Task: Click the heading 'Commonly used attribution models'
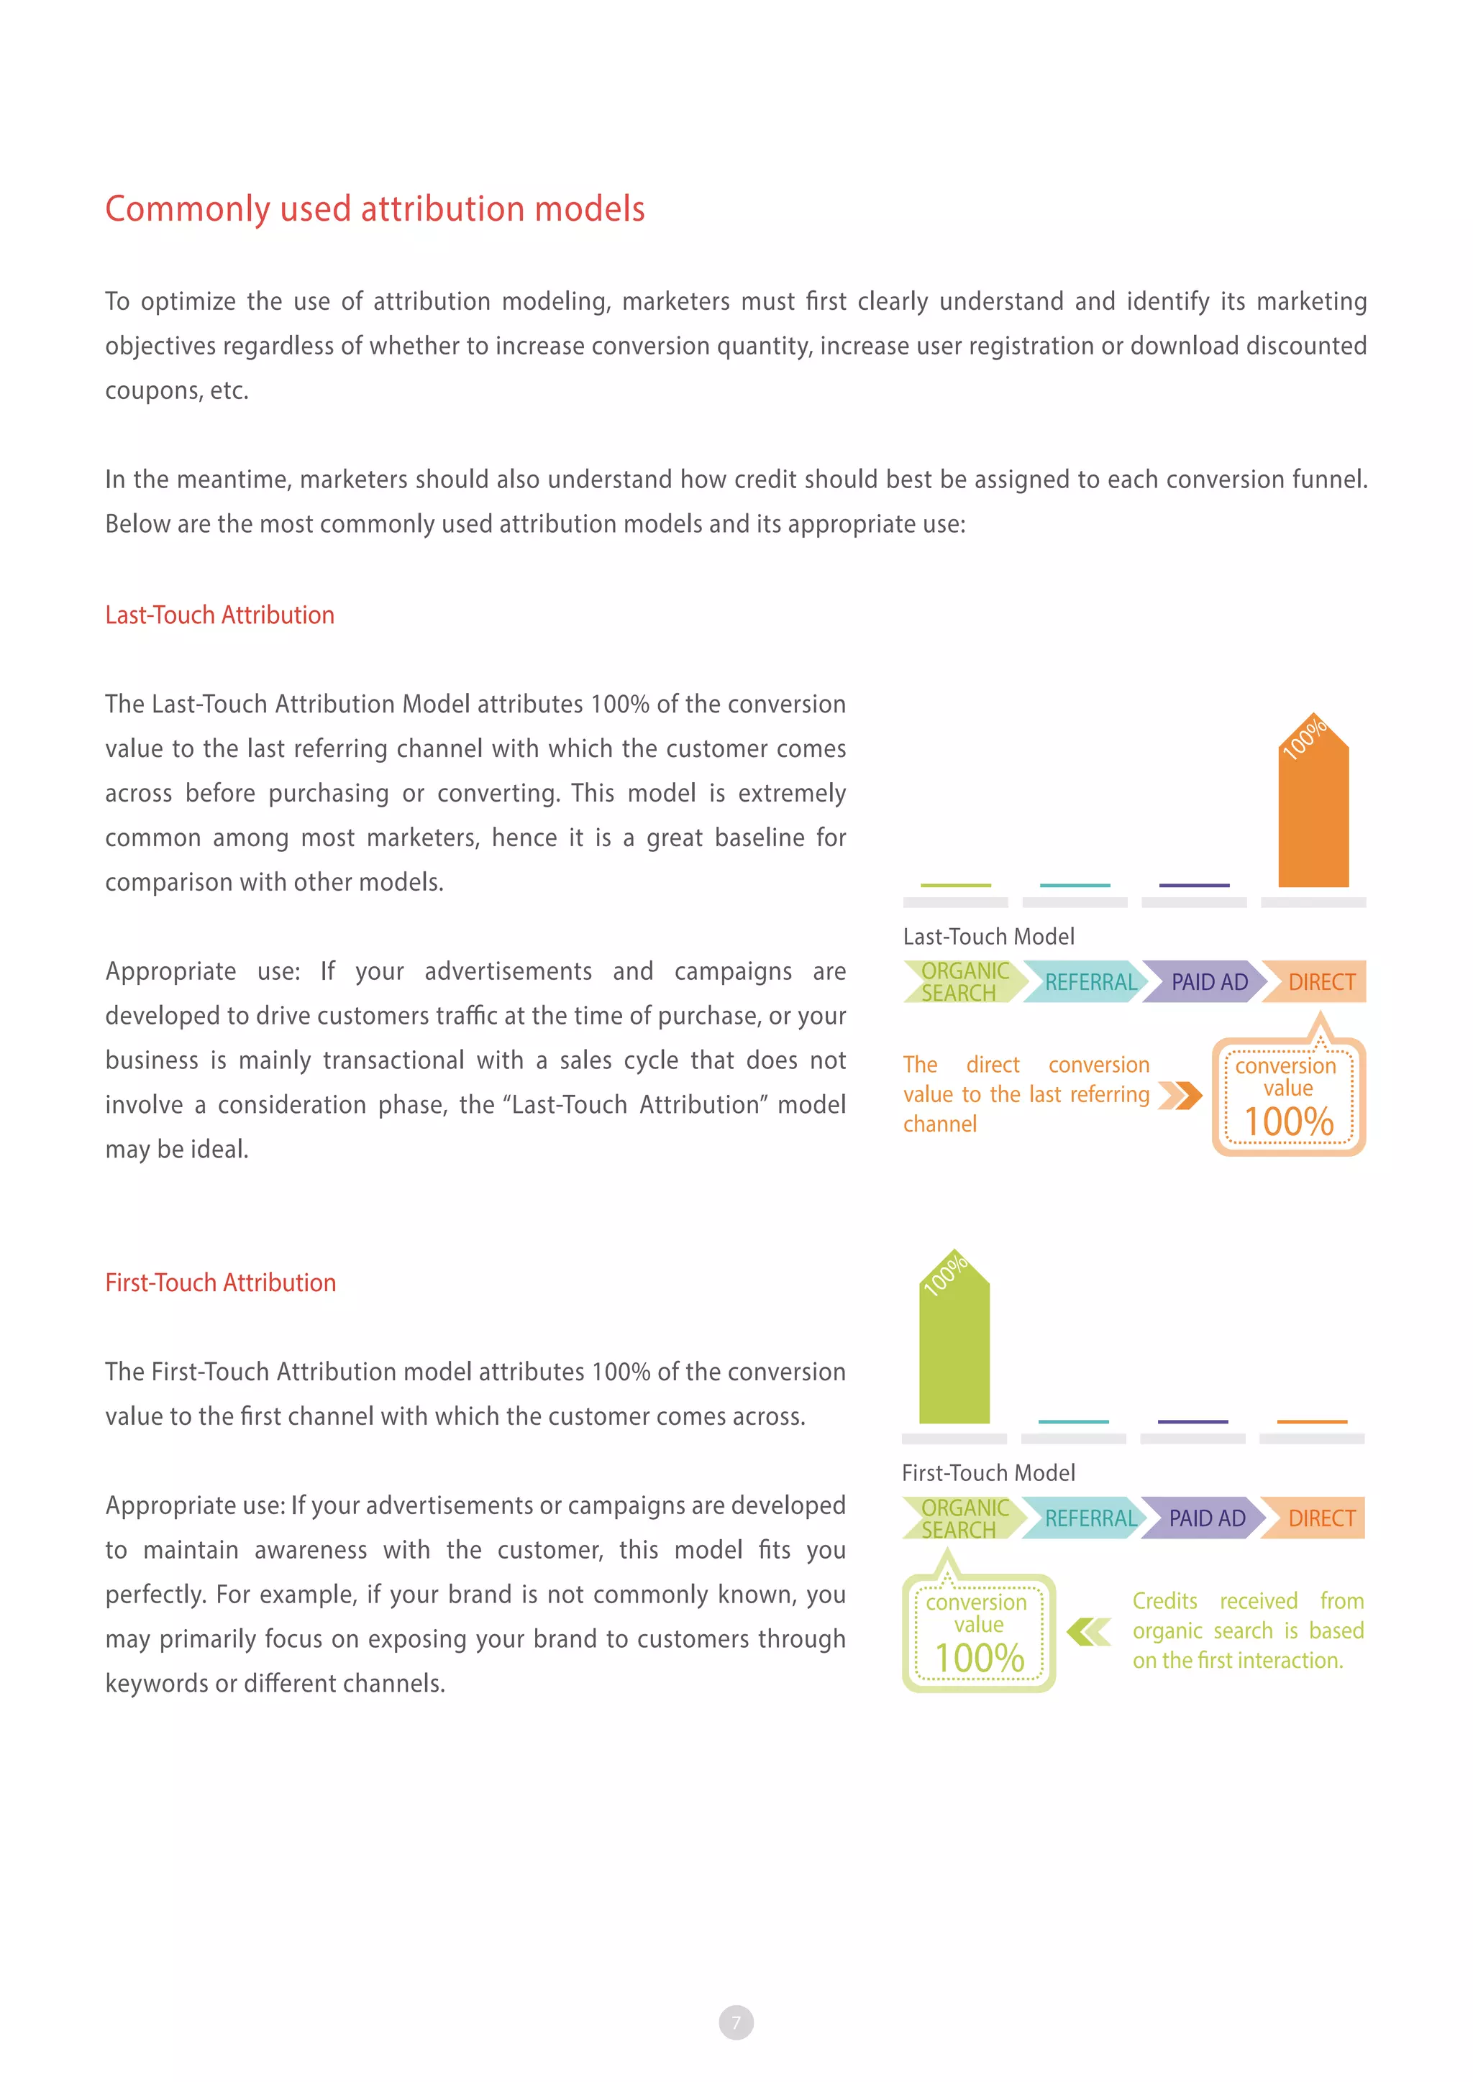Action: [x=375, y=208]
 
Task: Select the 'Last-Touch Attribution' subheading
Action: [x=219, y=615]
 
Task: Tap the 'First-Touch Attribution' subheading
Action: [x=220, y=1283]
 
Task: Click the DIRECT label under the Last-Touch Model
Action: [x=1321, y=982]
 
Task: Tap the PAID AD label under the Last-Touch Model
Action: [x=1208, y=982]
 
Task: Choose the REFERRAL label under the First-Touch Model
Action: [x=1090, y=1518]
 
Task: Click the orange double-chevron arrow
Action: [x=1180, y=1096]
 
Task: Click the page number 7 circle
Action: [x=736, y=2022]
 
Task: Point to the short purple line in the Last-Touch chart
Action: [x=1194, y=885]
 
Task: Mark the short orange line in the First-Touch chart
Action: [x=1312, y=1421]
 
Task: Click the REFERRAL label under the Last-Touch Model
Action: [x=1090, y=982]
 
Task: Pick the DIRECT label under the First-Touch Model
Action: [x=1321, y=1518]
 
